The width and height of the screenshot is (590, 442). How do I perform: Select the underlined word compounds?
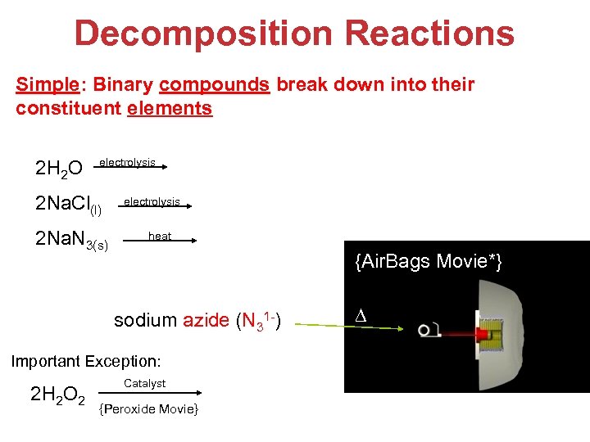point(215,85)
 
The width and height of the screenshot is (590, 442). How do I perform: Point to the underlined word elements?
point(170,108)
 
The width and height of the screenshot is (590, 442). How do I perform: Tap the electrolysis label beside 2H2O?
point(127,163)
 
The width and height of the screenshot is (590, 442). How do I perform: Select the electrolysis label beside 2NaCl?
point(152,201)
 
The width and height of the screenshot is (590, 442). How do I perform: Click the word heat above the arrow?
point(160,236)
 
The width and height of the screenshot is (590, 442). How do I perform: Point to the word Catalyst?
point(144,383)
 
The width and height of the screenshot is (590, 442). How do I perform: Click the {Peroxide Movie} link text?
point(148,408)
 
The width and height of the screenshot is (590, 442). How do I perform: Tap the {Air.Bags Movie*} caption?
point(428,262)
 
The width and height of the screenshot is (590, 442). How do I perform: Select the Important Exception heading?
point(86,360)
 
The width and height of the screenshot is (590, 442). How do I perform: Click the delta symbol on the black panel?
point(358,316)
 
